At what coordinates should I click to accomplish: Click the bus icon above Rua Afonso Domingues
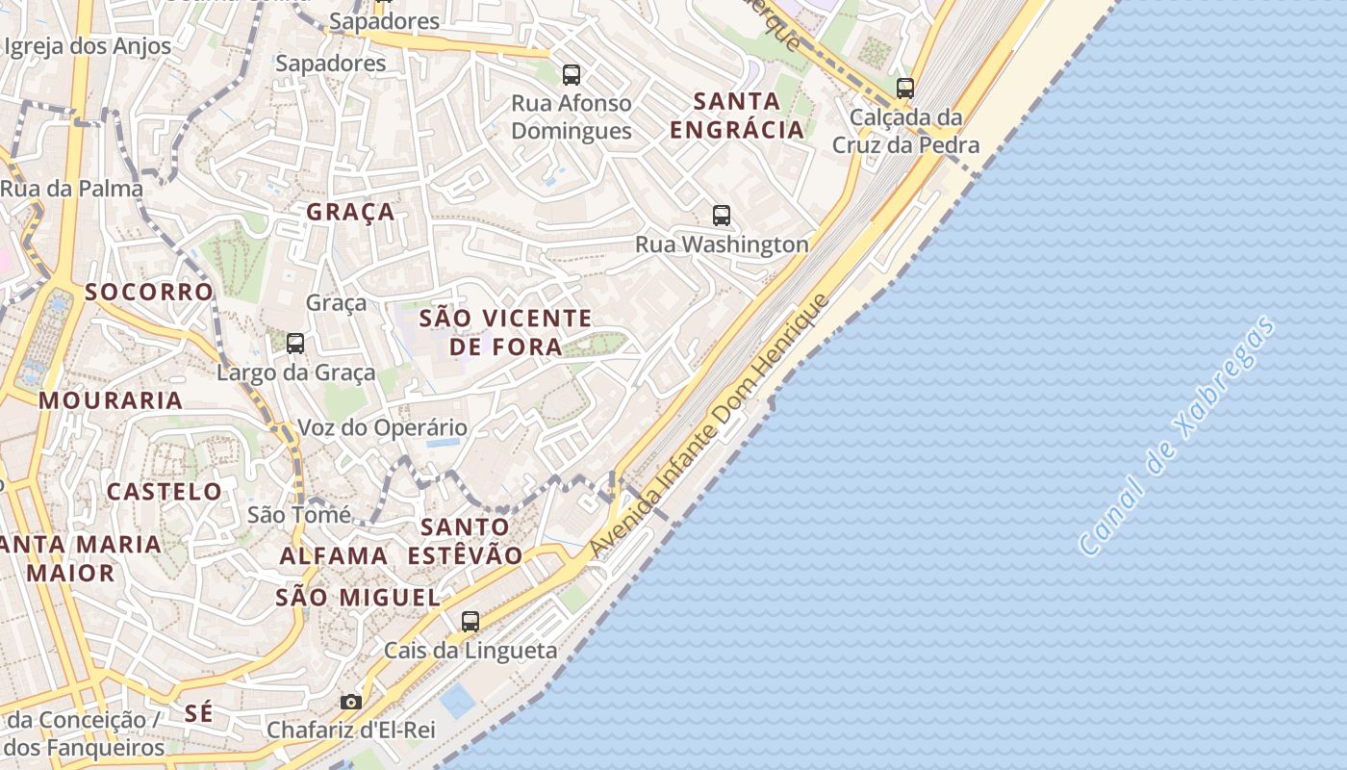(x=572, y=74)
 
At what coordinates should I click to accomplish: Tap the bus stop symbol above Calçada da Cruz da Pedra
(x=904, y=89)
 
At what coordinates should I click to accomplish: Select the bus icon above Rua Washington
(x=722, y=216)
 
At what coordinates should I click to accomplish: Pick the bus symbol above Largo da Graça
(x=295, y=343)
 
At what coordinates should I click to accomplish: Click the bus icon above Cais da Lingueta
(x=470, y=622)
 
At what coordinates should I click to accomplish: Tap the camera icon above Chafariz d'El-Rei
(x=351, y=702)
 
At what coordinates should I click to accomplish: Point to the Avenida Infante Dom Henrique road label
(x=709, y=425)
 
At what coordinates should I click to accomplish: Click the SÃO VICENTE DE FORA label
(x=506, y=331)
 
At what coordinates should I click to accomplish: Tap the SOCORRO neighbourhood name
(x=149, y=292)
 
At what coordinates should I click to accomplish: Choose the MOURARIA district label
(x=111, y=400)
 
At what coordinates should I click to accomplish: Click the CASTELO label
(x=165, y=492)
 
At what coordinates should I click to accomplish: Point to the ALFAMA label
(x=334, y=555)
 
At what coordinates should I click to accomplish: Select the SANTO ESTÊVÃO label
(x=465, y=541)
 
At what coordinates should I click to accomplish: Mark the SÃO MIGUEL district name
(x=358, y=598)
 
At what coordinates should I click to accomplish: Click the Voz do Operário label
(x=383, y=427)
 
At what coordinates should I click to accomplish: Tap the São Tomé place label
(x=299, y=515)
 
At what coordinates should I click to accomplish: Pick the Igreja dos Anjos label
(x=88, y=46)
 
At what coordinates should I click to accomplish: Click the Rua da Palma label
(x=71, y=189)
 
